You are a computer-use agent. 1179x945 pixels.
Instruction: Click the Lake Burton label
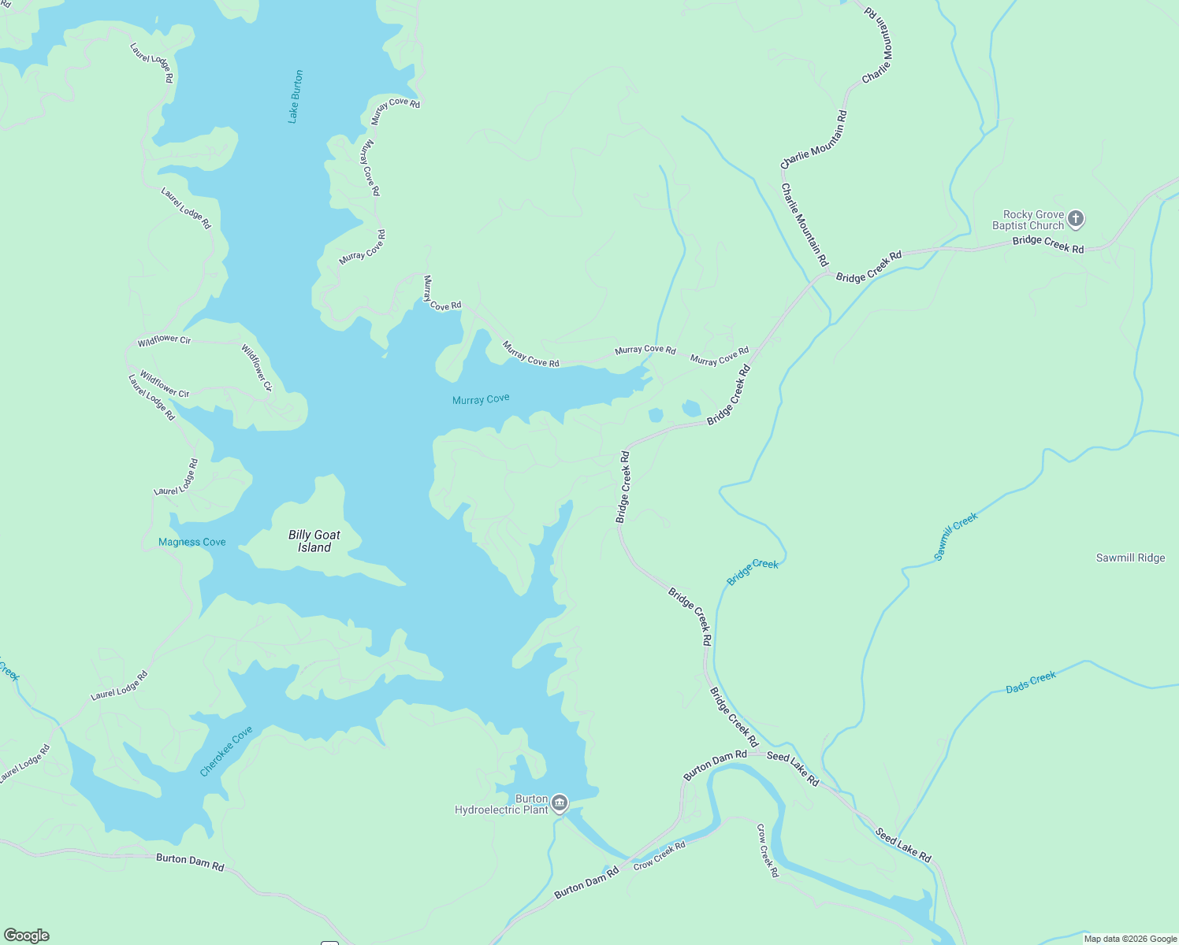pos(296,97)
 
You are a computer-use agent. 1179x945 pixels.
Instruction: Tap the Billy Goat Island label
pos(314,541)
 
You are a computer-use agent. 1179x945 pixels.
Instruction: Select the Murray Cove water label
pos(481,399)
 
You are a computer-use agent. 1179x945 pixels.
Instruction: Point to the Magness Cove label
pos(192,542)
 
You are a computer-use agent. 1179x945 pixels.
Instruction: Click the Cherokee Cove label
pos(226,751)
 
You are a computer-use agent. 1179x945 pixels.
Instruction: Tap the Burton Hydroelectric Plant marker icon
pos(560,803)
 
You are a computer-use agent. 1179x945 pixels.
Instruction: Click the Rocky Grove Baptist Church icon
pos(1076,220)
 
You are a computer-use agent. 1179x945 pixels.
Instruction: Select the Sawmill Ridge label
pos(1130,558)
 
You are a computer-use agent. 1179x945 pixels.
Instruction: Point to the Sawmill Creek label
pos(956,536)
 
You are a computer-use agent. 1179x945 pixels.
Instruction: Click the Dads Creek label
pos(1031,683)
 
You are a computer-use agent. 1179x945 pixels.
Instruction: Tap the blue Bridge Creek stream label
pos(753,572)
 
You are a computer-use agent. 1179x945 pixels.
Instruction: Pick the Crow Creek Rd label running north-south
pos(768,850)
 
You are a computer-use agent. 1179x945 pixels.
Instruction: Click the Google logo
pos(27,936)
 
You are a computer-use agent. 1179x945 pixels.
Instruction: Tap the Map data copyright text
pos(1130,939)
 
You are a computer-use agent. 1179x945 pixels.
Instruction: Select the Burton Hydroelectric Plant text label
pos(501,804)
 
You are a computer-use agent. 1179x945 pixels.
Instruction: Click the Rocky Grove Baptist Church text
pos(1028,220)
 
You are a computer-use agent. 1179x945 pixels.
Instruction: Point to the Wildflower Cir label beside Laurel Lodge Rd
pos(165,384)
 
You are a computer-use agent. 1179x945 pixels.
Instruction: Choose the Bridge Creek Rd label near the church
pos(1048,244)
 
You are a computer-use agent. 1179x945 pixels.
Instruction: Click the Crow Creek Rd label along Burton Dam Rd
pos(660,855)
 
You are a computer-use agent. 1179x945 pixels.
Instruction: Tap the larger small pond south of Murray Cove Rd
pos(691,408)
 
